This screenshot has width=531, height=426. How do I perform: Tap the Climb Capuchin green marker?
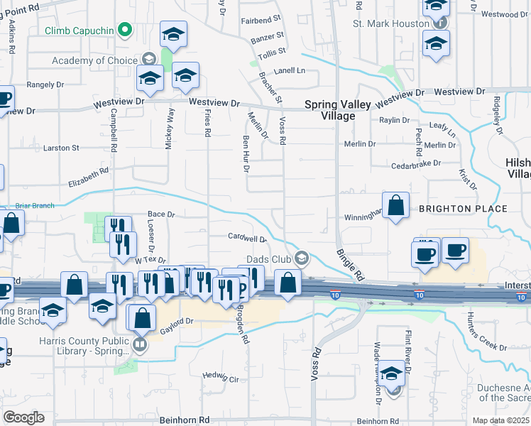pos(125,30)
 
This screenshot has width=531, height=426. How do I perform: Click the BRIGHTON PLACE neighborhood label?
pos(463,209)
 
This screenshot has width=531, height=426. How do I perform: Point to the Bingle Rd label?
pos(349,263)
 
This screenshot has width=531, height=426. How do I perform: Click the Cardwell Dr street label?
pos(247,237)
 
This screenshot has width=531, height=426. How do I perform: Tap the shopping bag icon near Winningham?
pos(396,206)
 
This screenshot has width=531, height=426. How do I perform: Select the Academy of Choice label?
pos(92,60)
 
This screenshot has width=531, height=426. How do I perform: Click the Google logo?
pos(23,417)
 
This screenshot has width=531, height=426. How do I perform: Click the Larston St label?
pos(61,148)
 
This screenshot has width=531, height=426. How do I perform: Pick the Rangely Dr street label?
pos(45,84)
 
